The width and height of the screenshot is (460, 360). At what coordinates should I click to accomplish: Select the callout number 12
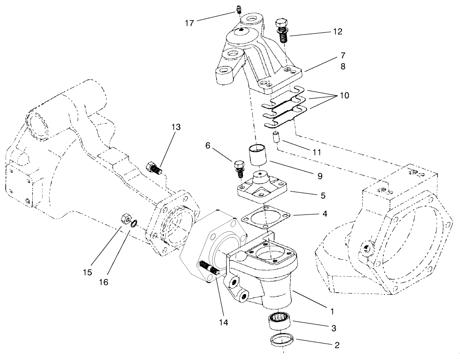[x=337, y=32]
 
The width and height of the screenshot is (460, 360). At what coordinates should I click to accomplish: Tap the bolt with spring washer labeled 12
[x=282, y=29]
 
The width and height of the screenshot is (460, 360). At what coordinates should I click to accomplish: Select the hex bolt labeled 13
[x=154, y=168]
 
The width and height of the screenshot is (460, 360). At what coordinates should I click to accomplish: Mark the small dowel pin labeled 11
[x=276, y=139]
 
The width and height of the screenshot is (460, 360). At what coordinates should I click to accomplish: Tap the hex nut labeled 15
[x=125, y=218]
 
